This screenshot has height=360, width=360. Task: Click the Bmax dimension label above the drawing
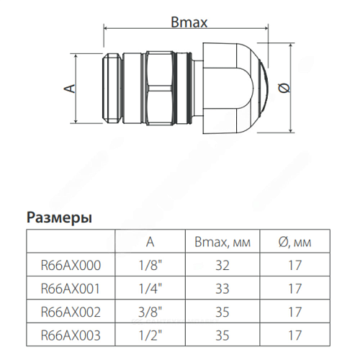click(x=189, y=22)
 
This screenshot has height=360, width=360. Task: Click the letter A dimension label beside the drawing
click(x=69, y=88)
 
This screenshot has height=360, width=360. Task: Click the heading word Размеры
click(x=60, y=217)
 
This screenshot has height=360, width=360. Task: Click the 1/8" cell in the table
click(x=149, y=266)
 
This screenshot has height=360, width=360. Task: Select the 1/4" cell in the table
click(x=149, y=289)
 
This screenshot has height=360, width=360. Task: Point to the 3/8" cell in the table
click(x=149, y=312)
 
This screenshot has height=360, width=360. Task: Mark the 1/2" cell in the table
click(x=149, y=336)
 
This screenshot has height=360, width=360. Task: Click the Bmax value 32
click(x=222, y=266)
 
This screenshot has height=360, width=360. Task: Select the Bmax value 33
click(x=222, y=289)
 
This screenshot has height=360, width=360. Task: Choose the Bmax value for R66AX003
click(x=222, y=336)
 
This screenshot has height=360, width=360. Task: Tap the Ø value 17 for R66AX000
click(x=293, y=266)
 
